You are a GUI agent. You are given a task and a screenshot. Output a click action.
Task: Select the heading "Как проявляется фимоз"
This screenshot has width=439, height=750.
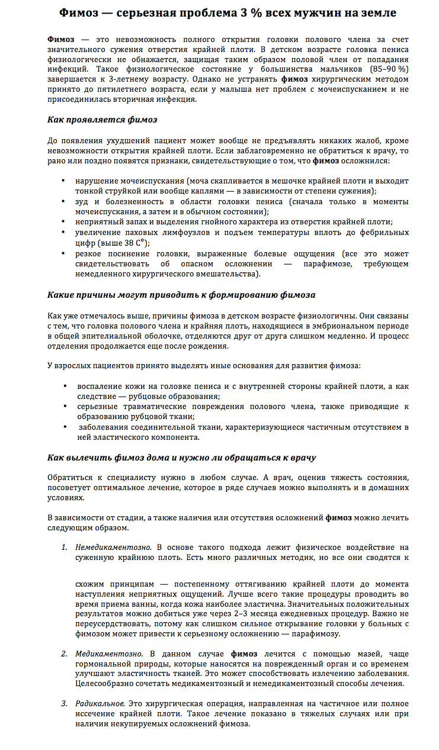point(102,120)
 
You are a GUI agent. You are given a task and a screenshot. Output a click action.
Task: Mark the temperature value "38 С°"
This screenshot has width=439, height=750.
point(135,243)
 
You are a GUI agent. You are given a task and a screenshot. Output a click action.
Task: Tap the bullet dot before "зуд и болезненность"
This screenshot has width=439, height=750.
point(63,202)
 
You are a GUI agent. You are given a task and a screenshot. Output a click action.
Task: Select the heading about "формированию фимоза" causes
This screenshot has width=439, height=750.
point(181,294)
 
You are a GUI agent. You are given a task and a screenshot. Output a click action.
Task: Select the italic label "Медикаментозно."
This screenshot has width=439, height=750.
point(109,654)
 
